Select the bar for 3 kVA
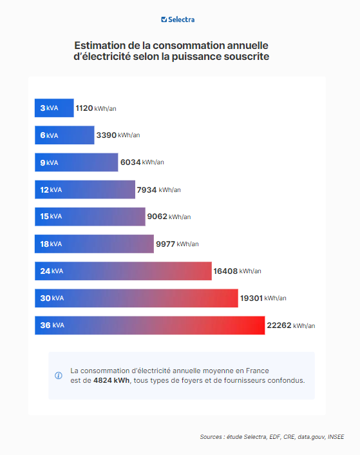(x=54, y=108)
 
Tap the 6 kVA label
(x=49, y=135)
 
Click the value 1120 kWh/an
(x=95, y=108)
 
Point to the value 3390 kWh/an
(x=117, y=135)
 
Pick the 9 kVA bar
(x=76, y=162)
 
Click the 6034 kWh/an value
(x=142, y=162)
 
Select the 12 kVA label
(x=51, y=189)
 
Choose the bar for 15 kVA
(x=90, y=217)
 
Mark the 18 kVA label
(x=51, y=244)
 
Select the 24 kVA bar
(x=122, y=271)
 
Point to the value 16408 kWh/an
(x=237, y=271)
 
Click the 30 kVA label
(x=52, y=298)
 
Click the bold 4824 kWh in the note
(x=111, y=380)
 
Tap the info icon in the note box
(x=59, y=376)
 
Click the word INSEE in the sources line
(x=336, y=437)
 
